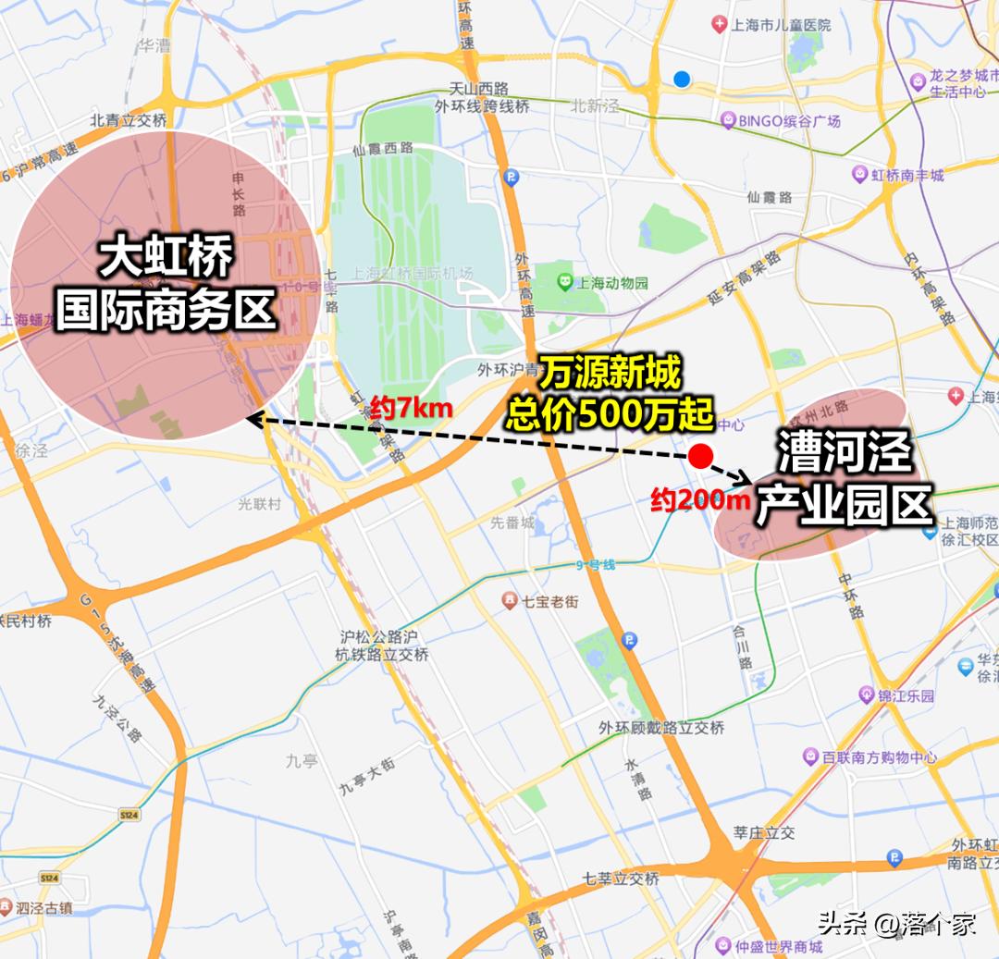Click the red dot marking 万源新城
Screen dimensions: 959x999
[700, 456]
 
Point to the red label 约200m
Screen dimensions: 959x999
[699, 500]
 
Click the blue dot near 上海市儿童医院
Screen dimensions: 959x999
[682, 80]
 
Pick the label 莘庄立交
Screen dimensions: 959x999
[763, 832]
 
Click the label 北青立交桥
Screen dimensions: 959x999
[129, 120]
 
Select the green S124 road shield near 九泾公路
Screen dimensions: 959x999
[129, 815]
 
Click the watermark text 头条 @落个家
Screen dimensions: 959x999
[895, 924]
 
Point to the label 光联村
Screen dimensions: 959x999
[260, 503]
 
